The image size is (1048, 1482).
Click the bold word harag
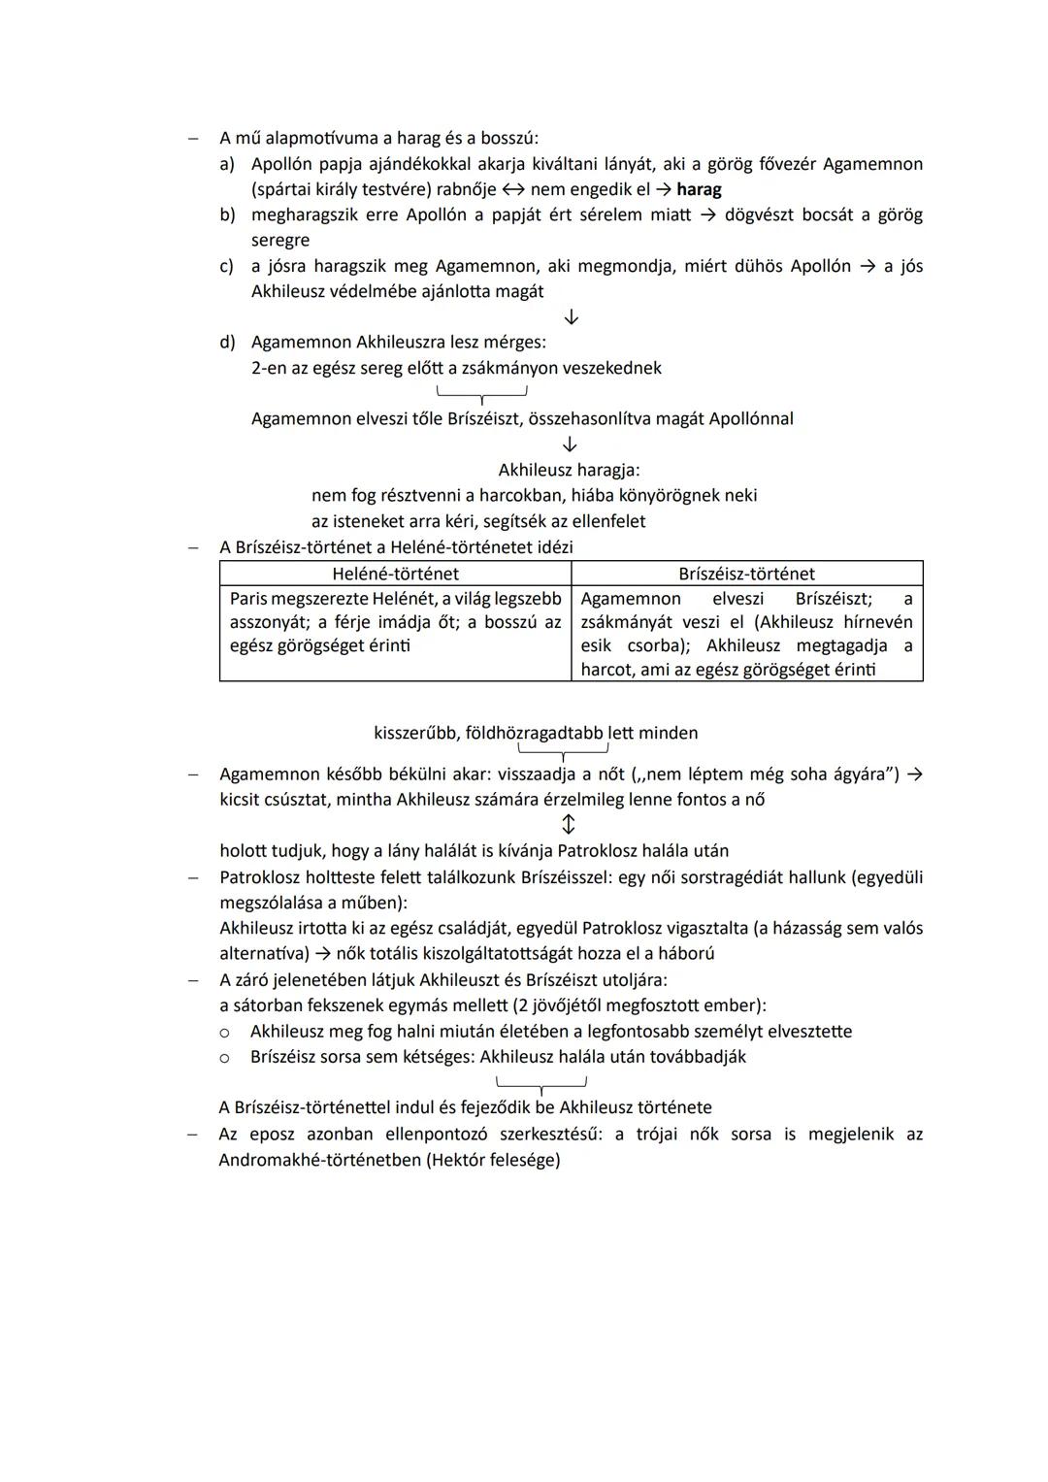[x=699, y=189]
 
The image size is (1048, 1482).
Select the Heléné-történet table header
[x=395, y=574]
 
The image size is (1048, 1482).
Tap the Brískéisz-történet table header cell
[x=746, y=574]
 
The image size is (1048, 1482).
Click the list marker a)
[x=227, y=164]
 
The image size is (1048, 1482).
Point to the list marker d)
[x=227, y=342]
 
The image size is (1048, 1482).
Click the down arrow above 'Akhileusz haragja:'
[x=570, y=445]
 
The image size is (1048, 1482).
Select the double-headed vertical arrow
[x=569, y=825]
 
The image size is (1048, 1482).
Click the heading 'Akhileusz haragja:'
[x=569, y=470]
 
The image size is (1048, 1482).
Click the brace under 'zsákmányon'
[x=481, y=394]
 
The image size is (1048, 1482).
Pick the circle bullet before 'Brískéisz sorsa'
[x=224, y=1057]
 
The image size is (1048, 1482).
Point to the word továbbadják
[x=700, y=1056]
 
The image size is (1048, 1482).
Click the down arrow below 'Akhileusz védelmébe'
[x=571, y=317]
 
